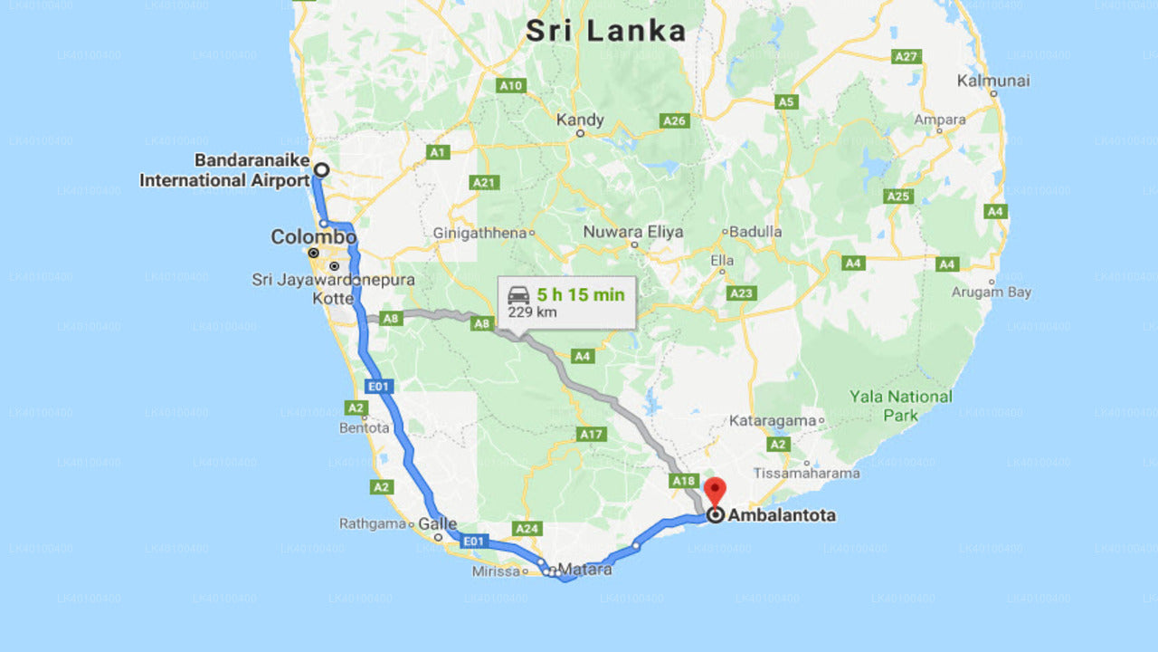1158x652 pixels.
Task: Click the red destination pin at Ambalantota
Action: point(715,490)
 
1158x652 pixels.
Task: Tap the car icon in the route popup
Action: point(518,295)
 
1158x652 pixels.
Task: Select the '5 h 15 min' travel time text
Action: point(580,295)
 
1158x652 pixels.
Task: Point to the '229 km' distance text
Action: point(532,312)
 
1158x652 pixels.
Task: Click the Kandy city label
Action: point(580,120)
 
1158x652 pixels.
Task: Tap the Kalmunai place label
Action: point(993,81)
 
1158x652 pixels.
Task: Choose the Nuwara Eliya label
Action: point(633,232)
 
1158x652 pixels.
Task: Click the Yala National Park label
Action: point(900,406)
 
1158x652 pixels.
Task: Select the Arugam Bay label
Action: point(992,292)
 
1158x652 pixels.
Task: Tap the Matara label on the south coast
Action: point(584,570)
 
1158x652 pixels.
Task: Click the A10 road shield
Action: point(511,86)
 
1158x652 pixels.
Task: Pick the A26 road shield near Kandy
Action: point(675,120)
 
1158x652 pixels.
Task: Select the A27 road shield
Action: point(906,56)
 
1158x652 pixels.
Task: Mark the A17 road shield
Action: point(592,435)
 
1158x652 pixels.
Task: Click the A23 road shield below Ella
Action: point(741,293)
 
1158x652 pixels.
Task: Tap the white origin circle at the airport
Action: point(321,169)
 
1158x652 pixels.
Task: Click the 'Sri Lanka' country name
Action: point(605,31)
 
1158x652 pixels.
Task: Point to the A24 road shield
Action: point(526,528)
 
